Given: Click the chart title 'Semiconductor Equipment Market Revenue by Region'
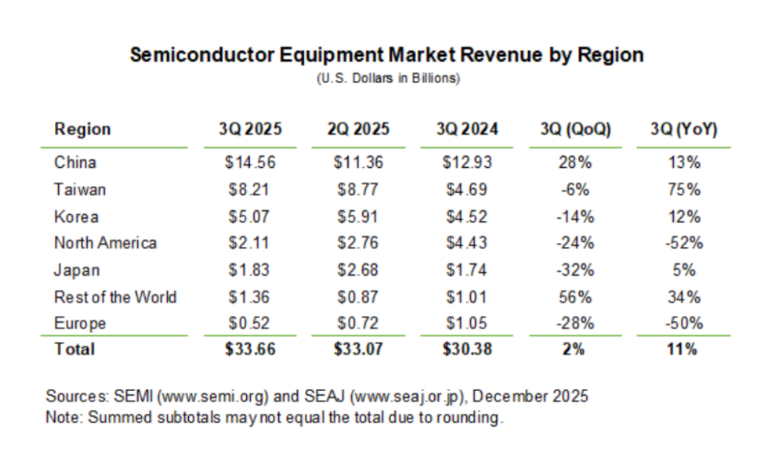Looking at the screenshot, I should coord(386,55).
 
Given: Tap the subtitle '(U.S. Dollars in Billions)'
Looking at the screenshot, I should coord(387,78).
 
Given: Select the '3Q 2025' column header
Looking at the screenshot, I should coord(250,130).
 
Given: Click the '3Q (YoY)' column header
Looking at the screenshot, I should coord(682,130).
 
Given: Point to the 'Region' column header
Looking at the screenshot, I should coord(83,130).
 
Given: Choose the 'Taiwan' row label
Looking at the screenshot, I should coord(80,189).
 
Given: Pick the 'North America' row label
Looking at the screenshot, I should coord(105,243).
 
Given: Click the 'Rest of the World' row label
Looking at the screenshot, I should coord(115,297).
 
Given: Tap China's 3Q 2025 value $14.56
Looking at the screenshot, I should coord(250,163).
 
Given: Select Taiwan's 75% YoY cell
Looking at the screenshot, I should coord(682,189).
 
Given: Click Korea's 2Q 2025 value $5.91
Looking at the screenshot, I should coord(359,217).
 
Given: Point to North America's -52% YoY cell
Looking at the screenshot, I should coord(682,243).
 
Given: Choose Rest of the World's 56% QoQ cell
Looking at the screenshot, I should coord(576,297).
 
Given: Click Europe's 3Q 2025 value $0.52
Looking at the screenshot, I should coord(250,323).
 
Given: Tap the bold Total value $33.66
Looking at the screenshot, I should coord(250,350).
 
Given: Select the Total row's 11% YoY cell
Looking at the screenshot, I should coord(682,350).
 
